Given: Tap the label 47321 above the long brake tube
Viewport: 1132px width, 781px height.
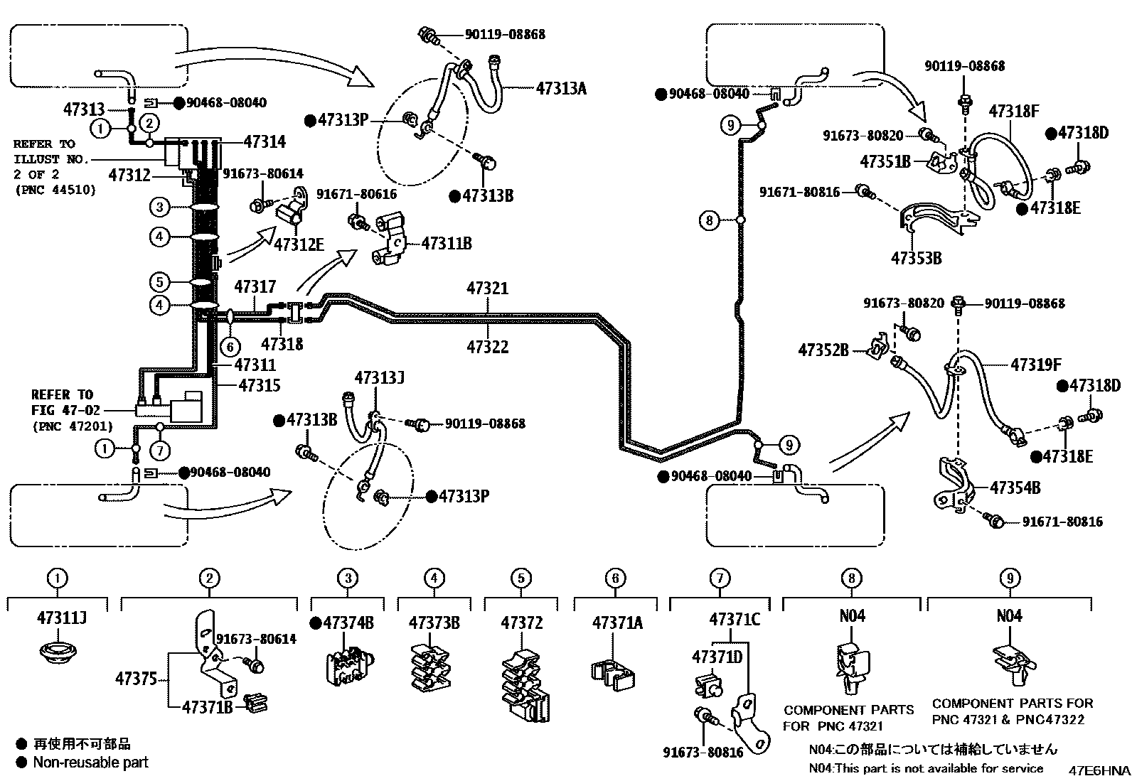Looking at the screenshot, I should click(x=487, y=289).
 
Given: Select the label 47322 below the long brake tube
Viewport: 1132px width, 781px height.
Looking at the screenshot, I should click(x=487, y=347).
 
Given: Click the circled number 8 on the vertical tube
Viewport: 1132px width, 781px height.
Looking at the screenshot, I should click(x=709, y=220).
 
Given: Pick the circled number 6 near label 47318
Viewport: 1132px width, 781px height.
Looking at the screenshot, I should click(x=230, y=347).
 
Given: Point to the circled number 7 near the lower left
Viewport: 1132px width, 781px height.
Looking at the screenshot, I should click(x=160, y=450).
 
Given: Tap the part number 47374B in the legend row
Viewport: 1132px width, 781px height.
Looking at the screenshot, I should click(x=348, y=623).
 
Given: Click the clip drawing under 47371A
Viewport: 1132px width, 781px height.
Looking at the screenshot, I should click(x=614, y=672).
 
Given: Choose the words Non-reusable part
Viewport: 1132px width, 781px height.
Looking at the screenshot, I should click(x=91, y=763).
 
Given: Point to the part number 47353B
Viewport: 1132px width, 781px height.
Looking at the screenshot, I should click(x=916, y=258).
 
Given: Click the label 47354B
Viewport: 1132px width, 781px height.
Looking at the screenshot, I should click(x=1015, y=488).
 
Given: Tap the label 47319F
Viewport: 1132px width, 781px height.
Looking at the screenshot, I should click(x=1035, y=365).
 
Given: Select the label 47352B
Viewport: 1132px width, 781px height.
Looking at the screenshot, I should click(x=823, y=350).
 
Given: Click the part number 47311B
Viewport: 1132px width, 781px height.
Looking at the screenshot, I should click(x=446, y=244).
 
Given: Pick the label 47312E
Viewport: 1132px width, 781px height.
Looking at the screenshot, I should click(x=299, y=244).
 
